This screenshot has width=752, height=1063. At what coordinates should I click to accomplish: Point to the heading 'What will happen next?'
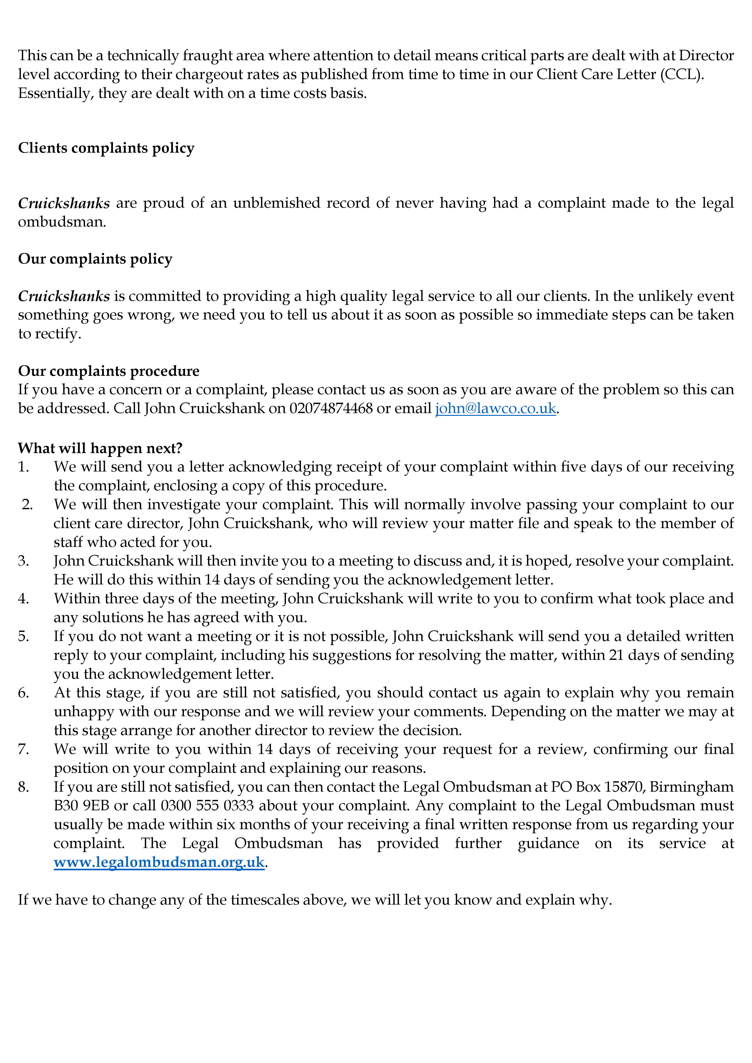pyautogui.click(x=100, y=448)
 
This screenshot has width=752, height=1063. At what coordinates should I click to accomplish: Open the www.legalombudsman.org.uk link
pyautogui.click(x=159, y=862)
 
